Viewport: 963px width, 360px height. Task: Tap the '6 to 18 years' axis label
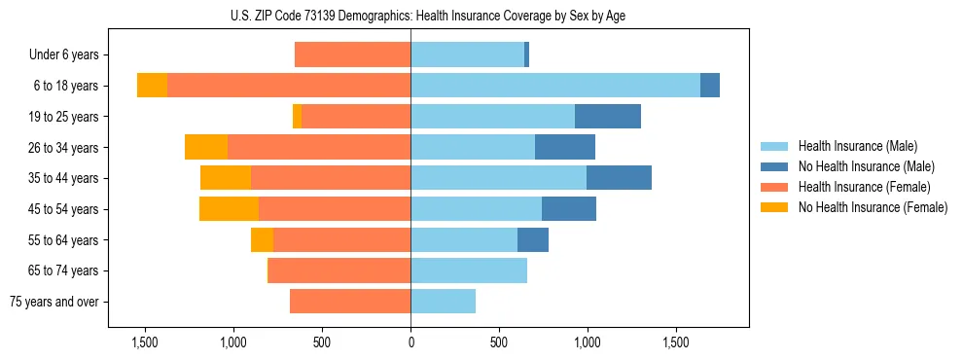(65, 86)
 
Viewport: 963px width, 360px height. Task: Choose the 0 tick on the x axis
(410, 342)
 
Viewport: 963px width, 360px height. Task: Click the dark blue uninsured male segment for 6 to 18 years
(710, 86)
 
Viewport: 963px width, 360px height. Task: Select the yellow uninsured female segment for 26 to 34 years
(206, 147)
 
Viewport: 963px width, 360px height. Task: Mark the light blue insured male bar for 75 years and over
(443, 302)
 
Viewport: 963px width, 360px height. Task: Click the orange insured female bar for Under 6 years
(352, 54)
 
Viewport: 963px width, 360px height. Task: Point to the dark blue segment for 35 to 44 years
(619, 178)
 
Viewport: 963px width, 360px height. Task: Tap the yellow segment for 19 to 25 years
(297, 117)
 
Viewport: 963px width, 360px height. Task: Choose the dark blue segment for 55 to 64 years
(533, 239)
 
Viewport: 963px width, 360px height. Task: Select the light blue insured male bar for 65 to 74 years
(469, 270)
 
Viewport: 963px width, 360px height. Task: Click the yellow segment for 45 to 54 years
(229, 209)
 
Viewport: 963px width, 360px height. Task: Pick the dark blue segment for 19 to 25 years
(608, 117)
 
